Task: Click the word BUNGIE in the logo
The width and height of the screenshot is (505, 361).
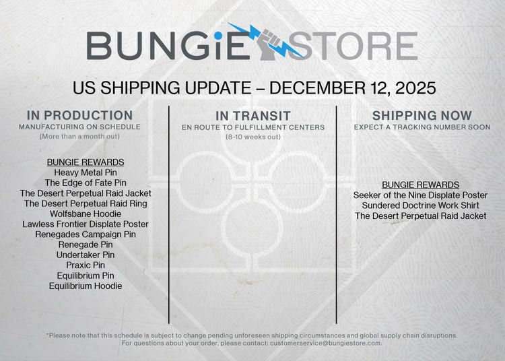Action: (x=170, y=46)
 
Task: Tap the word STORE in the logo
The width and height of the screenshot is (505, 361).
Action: (x=357, y=46)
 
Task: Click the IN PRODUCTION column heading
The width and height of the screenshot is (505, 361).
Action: (x=79, y=115)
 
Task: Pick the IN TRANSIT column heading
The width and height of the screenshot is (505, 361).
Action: (x=253, y=115)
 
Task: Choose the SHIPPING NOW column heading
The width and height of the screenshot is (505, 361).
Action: (x=422, y=115)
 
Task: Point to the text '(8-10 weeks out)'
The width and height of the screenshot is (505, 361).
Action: (x=253, y=137)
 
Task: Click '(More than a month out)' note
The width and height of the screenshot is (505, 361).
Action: (x=79, y=137)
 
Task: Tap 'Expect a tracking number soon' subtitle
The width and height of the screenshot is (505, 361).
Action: (x=422, y=127)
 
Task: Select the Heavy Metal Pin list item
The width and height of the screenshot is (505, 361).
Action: (x=86, y=172)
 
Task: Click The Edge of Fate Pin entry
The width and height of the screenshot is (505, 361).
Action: (x=86, y=183)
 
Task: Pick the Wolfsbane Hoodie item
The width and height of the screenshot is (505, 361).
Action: (x=86, y=214)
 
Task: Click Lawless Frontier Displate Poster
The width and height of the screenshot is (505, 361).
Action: (x=86, y=224)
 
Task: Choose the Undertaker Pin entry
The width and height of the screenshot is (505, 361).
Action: (x=86, y=255)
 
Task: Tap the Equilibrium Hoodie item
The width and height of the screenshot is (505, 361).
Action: (x=86, y=286)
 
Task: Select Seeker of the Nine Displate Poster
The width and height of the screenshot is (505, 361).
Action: (x=421, y=195)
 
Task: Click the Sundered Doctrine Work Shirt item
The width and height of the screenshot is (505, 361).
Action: (x=421, y=205)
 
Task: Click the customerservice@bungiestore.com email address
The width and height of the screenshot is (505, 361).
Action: (x=325, y=343)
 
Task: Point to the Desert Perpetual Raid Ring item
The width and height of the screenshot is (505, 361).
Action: (x=86, y=203)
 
